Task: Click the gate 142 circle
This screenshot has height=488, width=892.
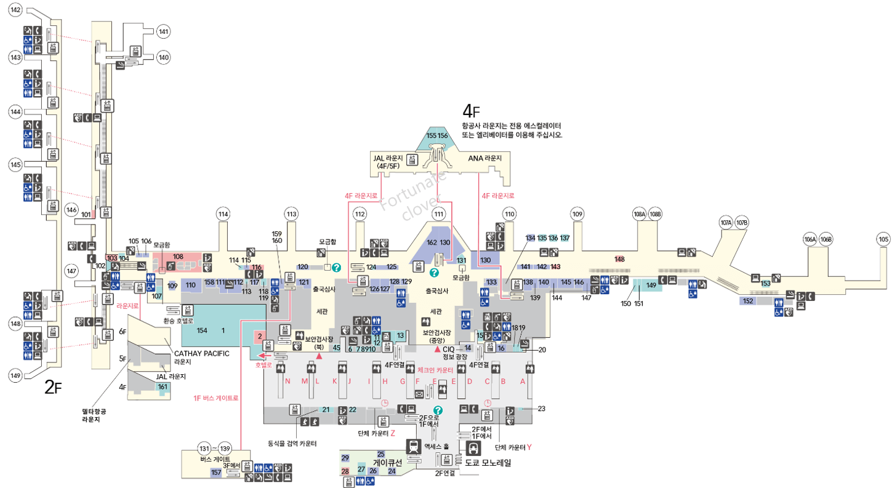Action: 15,10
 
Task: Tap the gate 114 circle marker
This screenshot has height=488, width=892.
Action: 223,214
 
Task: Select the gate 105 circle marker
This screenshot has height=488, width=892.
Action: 883,239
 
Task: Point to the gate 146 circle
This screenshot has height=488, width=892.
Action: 71,210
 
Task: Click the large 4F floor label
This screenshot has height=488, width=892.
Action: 470,111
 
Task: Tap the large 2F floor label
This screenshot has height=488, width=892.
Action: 54,386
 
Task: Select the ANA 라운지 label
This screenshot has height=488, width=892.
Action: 484,158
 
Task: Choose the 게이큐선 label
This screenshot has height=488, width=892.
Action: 387,462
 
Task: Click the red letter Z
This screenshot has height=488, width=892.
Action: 392,433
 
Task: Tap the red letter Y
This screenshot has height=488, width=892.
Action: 529,447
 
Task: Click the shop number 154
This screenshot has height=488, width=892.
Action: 202,330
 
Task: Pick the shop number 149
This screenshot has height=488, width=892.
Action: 651,284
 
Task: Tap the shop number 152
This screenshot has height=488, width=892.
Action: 748,301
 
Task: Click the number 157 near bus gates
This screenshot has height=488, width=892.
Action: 216,472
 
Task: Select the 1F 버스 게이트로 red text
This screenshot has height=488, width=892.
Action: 215,398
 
